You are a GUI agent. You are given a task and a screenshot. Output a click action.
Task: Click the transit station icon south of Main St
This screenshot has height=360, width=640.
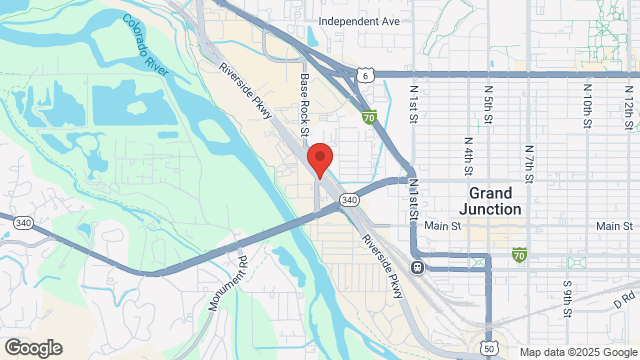pyautogui.click(x=418, y=267)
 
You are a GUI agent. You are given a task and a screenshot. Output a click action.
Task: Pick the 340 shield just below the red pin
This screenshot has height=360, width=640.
pyautogui.click(x=349, y=200)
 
